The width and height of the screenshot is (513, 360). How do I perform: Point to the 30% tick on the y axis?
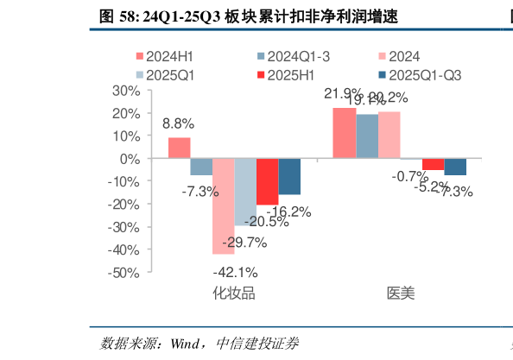pyautogui.click(x=126, y=91)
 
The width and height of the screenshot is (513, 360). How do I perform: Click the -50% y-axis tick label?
pyautogui.click(x=124, y=272)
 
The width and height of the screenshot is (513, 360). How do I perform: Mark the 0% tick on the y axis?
pyautogui.click(x=130, y=159)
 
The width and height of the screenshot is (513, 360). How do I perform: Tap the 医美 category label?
pyautogui.click(x=400, y=293)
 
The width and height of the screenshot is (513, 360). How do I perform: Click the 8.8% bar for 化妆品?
pyautogui.click(x=180, y=148)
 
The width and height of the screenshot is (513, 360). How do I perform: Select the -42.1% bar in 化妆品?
pyautogui.click(x=224, y=206)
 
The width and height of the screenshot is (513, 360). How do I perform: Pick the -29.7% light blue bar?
pyautogui.click(x=245, y=193)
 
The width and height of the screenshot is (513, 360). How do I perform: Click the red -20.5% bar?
pyautogui.click(x=267, y=182)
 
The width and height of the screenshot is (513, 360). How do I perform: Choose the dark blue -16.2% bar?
pyautogui.click(x=289, y=177)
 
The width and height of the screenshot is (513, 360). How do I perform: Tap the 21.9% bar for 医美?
pyautogui.click(x=345, y=134)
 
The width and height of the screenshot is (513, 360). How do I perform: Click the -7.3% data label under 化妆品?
pyautogui.click(x=199, y=192)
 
